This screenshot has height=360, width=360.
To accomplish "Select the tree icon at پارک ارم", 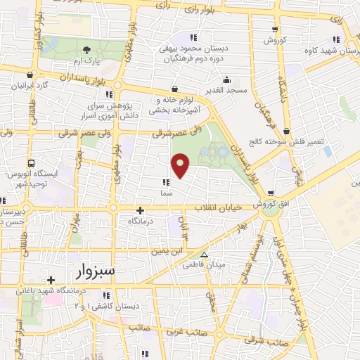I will coord(86,49).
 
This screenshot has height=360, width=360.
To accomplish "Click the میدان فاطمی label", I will coord(204,266).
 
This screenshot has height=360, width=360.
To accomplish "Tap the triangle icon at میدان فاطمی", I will coord(205,255).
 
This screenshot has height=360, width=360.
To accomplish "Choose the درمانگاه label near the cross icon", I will coord(141,221).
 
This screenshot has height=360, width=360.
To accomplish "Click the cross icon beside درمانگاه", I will coord(141,210).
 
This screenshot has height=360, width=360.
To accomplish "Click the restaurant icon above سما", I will coord(166,181).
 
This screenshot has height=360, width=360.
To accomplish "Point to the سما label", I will coord(166,191).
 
